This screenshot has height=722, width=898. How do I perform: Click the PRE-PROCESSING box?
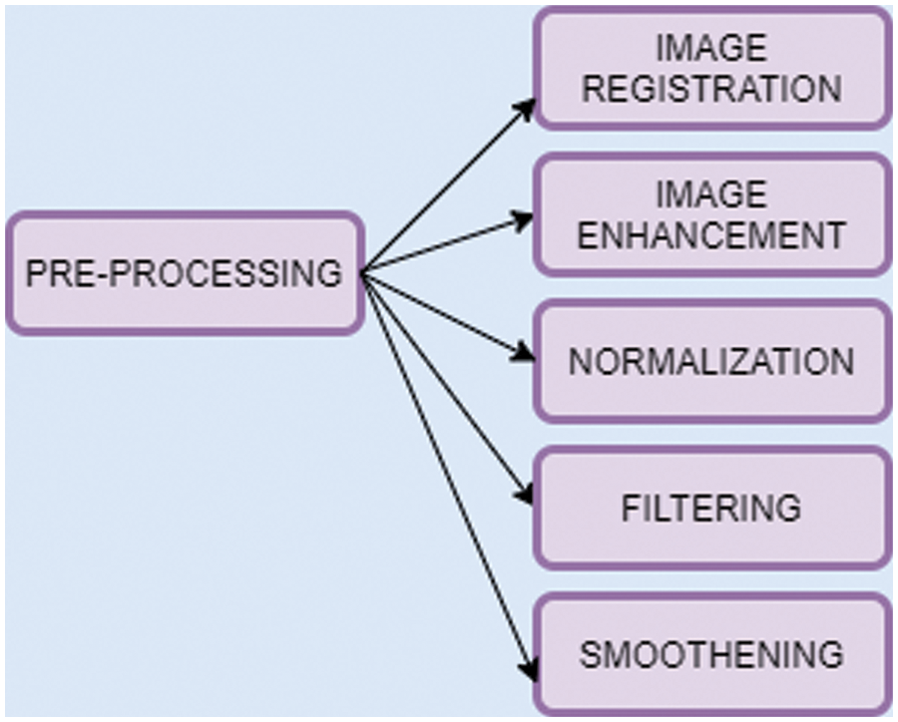pyautogui.click(x=184, y=272)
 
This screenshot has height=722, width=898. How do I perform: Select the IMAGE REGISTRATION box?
pyautogui.click(x=711, y=68)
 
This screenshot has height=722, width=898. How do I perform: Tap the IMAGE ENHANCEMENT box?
pyautogui.click(x=711, y=214)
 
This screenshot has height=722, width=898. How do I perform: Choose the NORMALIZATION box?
pyautogui.click(x=711, y=361)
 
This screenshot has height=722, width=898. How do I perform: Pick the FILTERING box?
pyautogui.click(x=711, y=508)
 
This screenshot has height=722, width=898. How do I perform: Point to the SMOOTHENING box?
pyautogui.click(x=711, y=654)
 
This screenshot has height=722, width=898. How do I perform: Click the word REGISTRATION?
pyautogui.click(x=711, y=88)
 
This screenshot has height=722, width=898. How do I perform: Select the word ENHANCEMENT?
pyautogui.click(x=711, y=235)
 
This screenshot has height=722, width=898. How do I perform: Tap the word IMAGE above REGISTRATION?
pyautogui.click(x=711, y=48)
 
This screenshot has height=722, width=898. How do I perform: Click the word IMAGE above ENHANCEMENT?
pyautogui.click(x=711, y=193)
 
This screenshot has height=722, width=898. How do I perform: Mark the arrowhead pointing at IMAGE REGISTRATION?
pyautogui.click(x=527, y=107)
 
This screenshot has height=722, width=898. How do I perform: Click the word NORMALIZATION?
pyautogui.click(x=711, y=361)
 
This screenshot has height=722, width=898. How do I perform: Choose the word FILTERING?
pyautogui.click(x=711, y=508)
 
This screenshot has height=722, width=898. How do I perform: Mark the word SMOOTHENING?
pyautogui.click(x=711, y=655)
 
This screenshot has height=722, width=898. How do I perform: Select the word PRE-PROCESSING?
pyautogui.click(x=184, y=273)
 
